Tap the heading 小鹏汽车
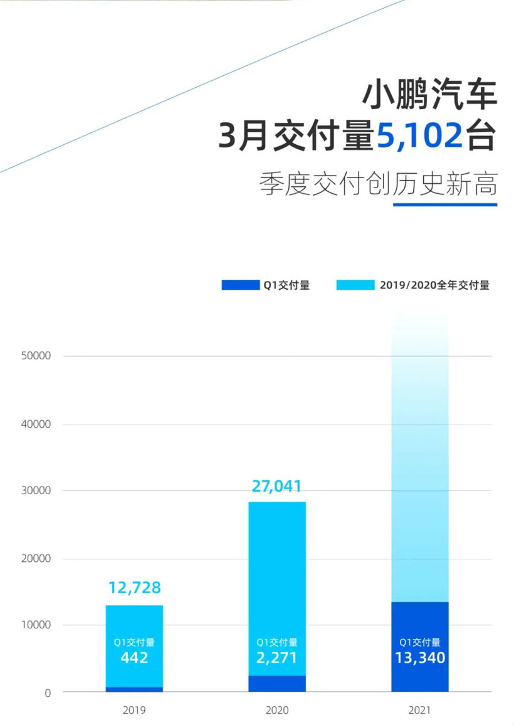[429, 95]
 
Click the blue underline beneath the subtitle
[444, 204]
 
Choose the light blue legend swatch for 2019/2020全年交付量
[355, 285]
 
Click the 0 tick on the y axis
[48, 693]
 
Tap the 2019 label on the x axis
[134, 711]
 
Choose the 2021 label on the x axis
[419, 711]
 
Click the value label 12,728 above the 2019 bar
[134, 588]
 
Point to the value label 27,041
[276, 486]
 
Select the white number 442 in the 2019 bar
[134, 658]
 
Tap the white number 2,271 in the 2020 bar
[276, 658]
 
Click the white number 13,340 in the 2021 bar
[419, 658]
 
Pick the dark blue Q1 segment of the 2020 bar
[276, 684]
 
